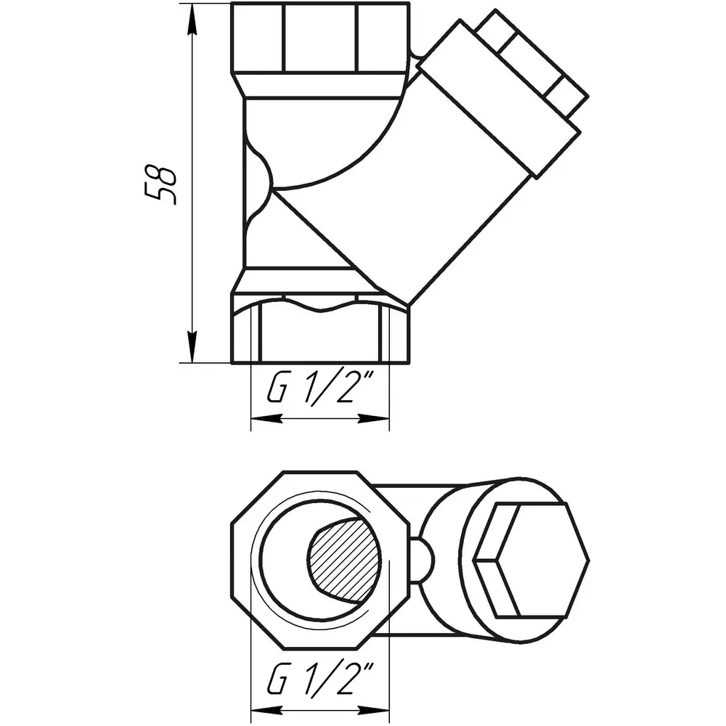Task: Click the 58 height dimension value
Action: (x=160, y=184)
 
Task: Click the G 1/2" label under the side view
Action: (x=320, y=390)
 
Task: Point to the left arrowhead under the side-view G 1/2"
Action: (x=266, y=419)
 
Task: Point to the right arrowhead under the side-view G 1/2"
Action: (x=373, y=419)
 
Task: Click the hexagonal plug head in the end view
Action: (x=531, y=560)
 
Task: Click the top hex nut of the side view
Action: (x=320, y=38)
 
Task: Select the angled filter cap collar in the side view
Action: (x=498, y=98)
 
